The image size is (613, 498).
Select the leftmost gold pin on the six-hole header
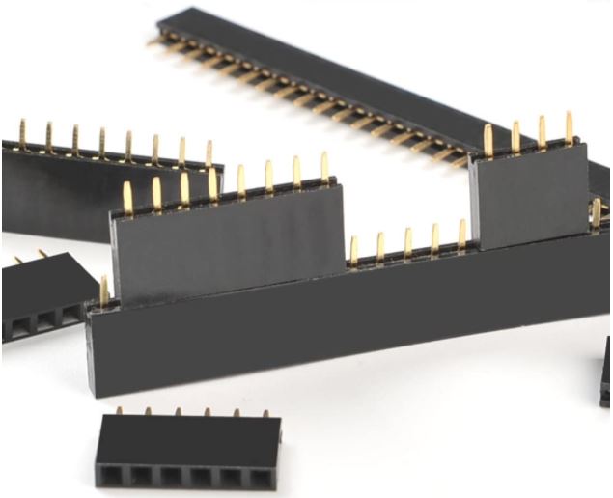119,412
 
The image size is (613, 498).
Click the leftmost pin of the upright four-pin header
488,141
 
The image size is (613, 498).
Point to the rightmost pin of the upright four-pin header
569,126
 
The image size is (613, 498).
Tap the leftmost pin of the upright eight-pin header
127,198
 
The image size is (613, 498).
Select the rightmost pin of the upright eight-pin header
324,167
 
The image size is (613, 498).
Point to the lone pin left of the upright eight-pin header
103,290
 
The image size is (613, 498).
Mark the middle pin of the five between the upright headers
407,241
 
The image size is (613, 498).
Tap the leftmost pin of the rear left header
21,134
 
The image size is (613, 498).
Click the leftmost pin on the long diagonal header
154,41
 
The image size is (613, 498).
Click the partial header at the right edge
606,372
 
